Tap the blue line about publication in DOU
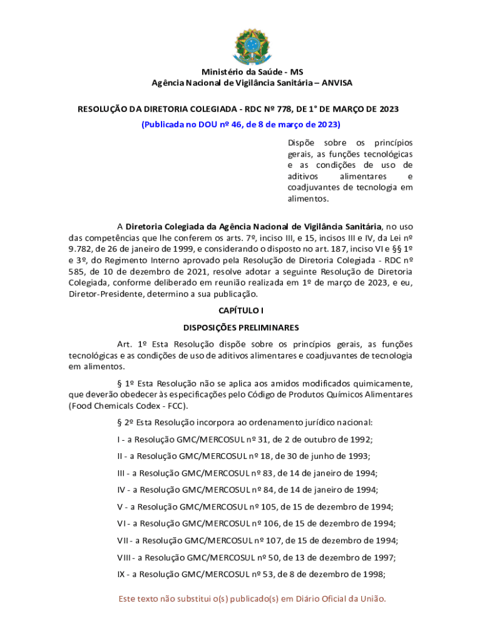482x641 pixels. point(241,124)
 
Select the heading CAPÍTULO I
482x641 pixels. point(241,310)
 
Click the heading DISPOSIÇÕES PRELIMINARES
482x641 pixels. point(241,327)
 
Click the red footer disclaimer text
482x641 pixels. point(252,599)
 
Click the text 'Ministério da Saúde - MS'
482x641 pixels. point(241,72)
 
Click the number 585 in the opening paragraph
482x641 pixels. point(78,272)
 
